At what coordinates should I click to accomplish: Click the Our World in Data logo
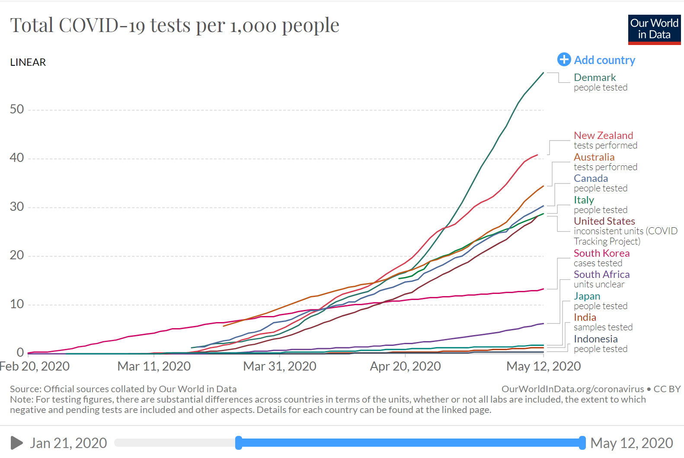(654, 29)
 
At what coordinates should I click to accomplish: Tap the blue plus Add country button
(564, 60)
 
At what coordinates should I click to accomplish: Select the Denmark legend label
(595, 77)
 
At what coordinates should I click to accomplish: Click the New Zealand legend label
(603, 135)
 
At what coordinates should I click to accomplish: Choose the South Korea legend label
(601, 253)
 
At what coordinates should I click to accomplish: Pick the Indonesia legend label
(595, 339)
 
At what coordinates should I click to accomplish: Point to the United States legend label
(604, 221)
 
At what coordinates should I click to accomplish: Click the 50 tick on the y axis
(17, 109)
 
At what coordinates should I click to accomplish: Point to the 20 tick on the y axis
(17, 255)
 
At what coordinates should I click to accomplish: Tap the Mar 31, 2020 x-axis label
(280, 366)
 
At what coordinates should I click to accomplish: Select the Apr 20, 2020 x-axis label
(405, 366)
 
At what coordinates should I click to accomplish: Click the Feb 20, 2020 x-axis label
(35, 366)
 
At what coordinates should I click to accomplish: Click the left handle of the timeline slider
(239, 443)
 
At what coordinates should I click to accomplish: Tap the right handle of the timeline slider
(582, 443)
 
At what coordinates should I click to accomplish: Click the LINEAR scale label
(28, 62)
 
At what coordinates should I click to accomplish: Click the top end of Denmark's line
(543, 73)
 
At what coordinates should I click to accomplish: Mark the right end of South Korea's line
(543, 289)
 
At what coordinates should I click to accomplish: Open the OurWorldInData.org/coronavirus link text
(572, 389)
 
